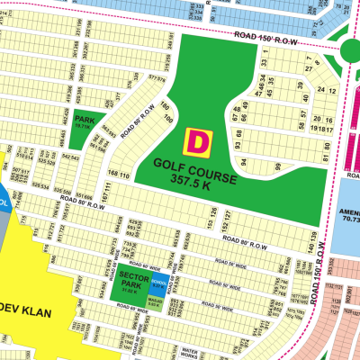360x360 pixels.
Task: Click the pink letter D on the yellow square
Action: [197, 141]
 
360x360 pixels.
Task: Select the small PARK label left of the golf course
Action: [85, 120]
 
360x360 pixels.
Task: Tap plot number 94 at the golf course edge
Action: [243, 163]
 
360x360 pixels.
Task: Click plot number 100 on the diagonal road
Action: [166, 117]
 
